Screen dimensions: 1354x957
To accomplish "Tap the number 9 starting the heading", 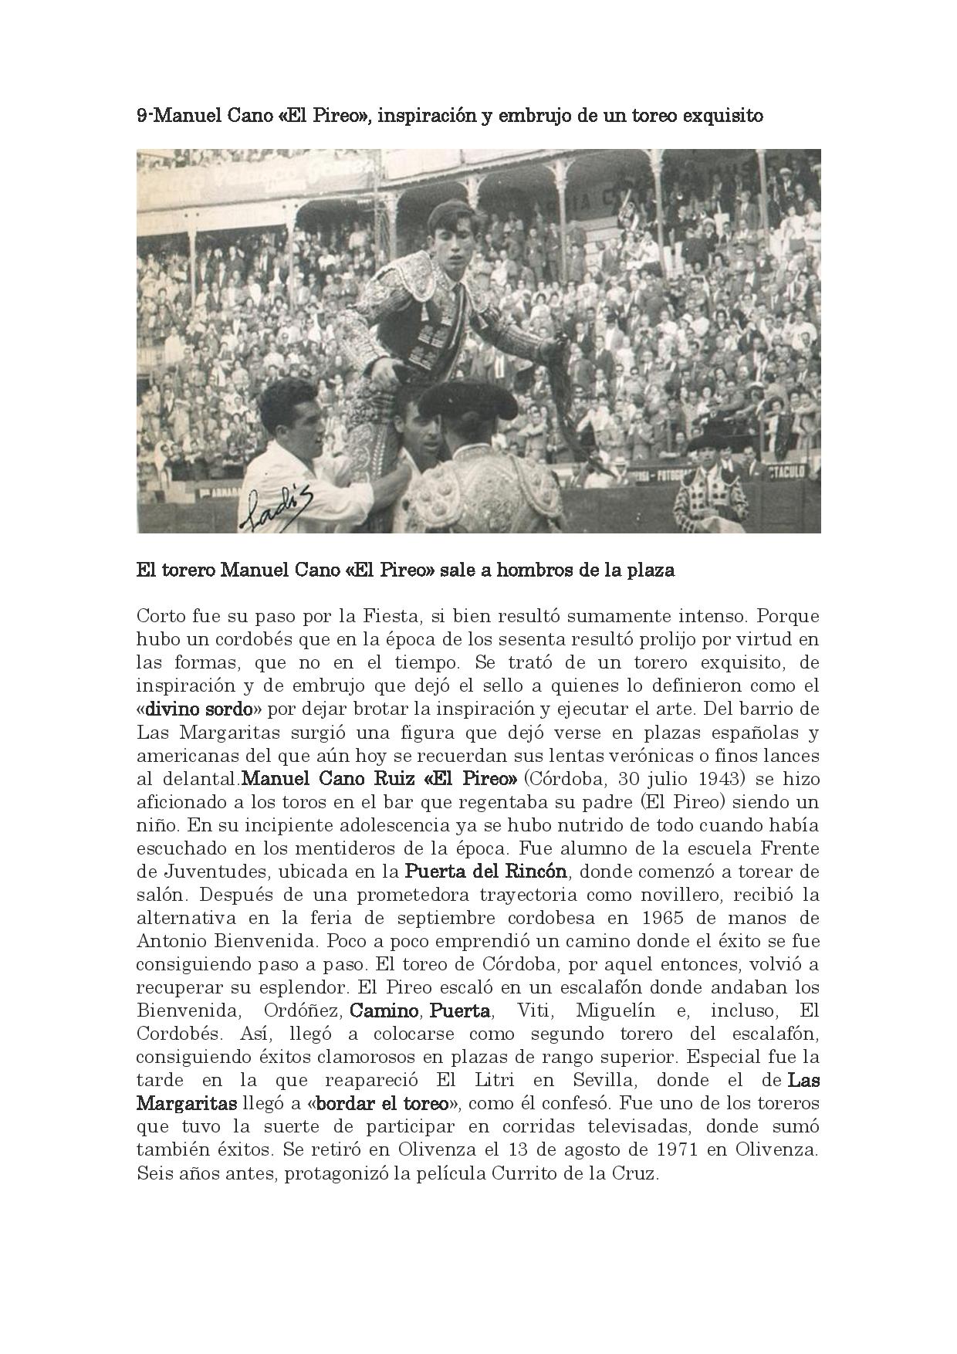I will pos(140,116).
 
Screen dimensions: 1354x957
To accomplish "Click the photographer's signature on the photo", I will pos(274,509).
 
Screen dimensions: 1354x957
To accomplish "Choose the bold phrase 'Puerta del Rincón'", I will pos(486,872).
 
